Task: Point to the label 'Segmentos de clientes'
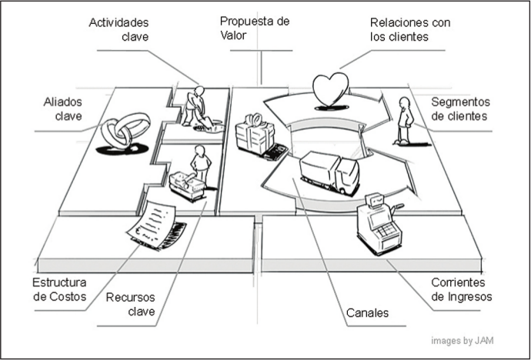click(461, 109)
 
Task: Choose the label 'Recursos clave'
click(130, 304)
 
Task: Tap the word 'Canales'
click(367, 313)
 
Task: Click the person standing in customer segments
click(403, 121)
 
